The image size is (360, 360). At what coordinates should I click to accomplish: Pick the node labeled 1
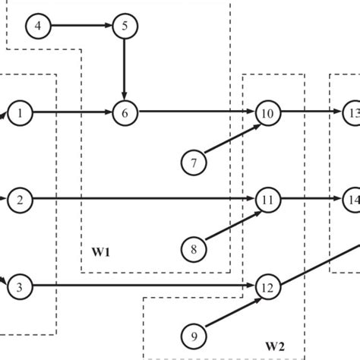click(x=21, y=113)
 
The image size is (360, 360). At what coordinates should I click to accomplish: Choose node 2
click(x=21, y=201)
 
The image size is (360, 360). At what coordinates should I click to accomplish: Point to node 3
click(x=21, y=287)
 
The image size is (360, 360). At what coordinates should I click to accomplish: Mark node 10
click(x=267, y=113)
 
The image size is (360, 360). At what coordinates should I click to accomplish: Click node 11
click(x=267, y=201)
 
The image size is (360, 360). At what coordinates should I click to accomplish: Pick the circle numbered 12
click(x=267, y=287)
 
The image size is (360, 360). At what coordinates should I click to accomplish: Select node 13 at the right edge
click(x=351, y=113)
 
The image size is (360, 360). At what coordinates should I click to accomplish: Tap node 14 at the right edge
click(x=351, y=201)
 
